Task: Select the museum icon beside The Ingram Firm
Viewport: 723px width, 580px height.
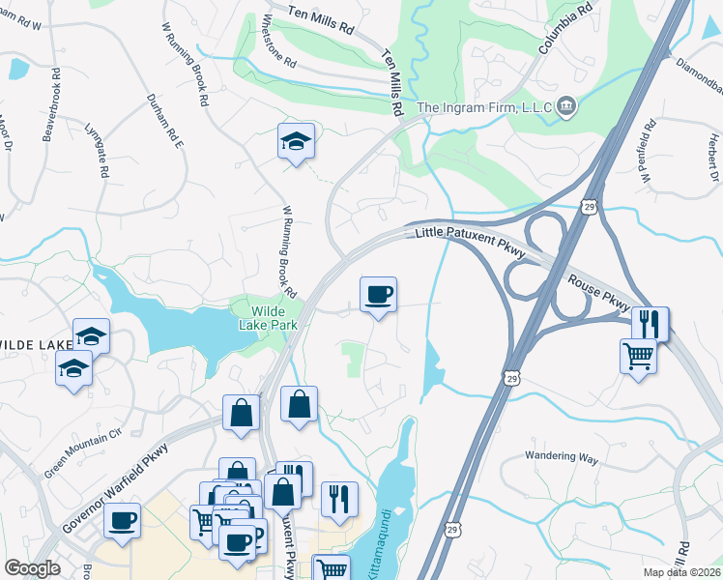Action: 566,105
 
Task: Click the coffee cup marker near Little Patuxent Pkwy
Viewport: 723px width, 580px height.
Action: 378,293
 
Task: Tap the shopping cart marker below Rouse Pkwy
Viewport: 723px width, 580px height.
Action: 638,355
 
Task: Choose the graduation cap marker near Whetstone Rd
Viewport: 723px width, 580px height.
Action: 296,141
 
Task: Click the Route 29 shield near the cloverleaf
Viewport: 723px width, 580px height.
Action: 588,205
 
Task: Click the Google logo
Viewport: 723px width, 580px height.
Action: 32,568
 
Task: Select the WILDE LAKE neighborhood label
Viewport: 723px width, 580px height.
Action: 35,345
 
